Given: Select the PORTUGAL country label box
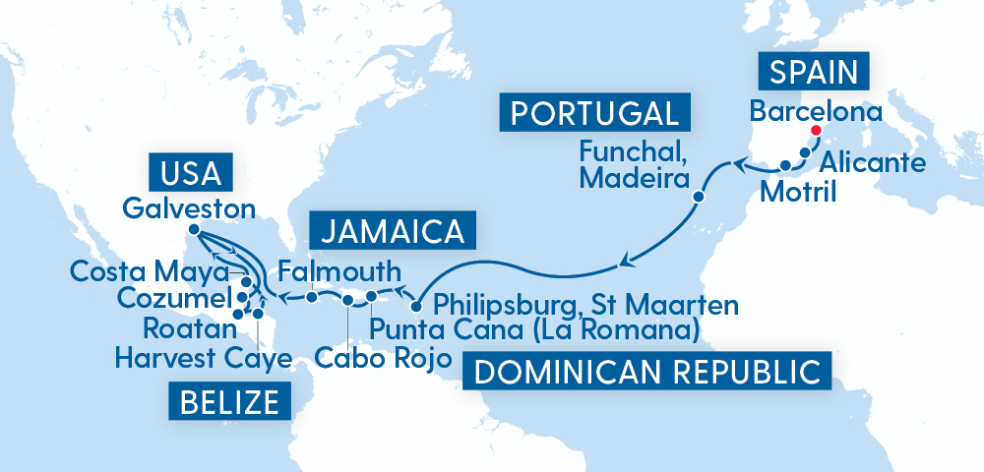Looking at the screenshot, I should (x=595, y=112).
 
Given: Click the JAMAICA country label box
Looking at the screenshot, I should (x=392, y=232).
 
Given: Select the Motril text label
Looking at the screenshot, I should (x=799, y=192).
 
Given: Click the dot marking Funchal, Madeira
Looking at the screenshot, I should (x=698, y=197).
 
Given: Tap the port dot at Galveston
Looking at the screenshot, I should (x=194, y=230).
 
